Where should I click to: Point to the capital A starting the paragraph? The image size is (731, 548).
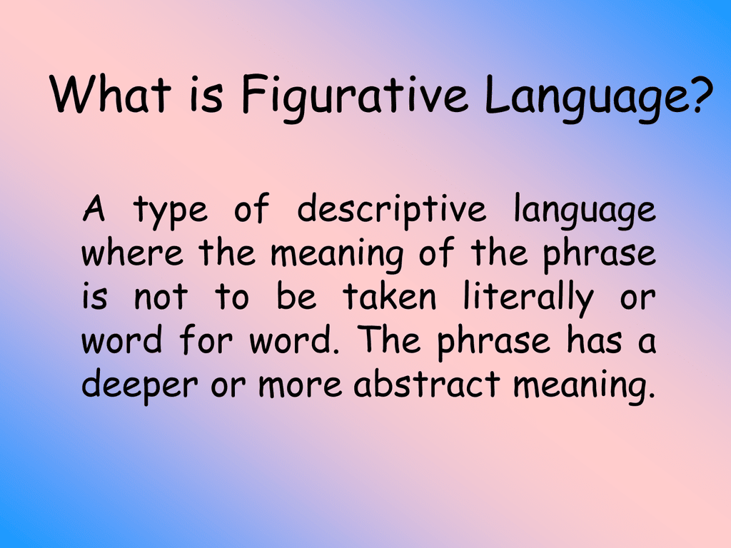click(94, 210)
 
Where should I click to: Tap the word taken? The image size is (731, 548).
click(389, 298)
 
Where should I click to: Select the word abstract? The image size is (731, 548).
click(426, 385)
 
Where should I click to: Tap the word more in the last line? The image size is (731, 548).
click(301, 386)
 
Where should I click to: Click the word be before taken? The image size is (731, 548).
click(296, 298)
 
